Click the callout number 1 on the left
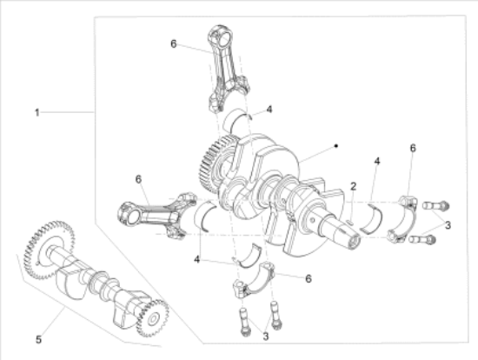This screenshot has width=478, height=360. tap(37, 112)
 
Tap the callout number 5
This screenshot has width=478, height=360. tap(38, 339)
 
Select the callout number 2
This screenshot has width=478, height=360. tap(354, 186)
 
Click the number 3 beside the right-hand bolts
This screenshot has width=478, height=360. tap(448, 225)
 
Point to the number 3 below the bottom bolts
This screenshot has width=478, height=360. tap(266, 337)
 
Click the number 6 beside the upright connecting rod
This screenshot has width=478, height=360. tap(173, 44)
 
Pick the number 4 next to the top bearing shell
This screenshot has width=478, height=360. tap(269, 110)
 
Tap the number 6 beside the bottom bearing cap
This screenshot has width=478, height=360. tap(309, 278)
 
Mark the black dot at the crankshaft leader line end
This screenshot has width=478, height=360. tap(336, 146)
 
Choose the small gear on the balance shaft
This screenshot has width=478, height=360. tap(152, 319)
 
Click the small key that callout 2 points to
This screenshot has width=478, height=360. tap(350, 222)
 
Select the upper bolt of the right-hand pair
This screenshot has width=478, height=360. tap(436, 206)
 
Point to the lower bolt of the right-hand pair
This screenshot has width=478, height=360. tap(422, 240)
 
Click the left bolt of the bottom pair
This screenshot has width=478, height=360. tap(244, 322)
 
